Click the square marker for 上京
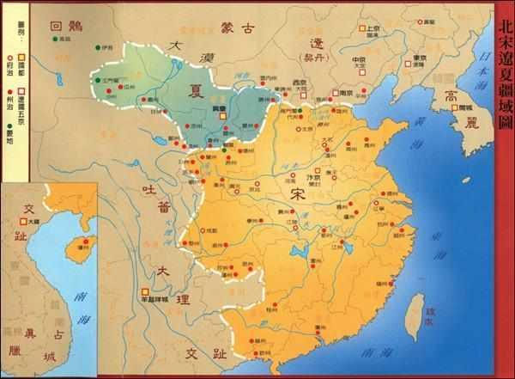tap(361, 28)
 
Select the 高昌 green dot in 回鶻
tap(55, 39)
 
